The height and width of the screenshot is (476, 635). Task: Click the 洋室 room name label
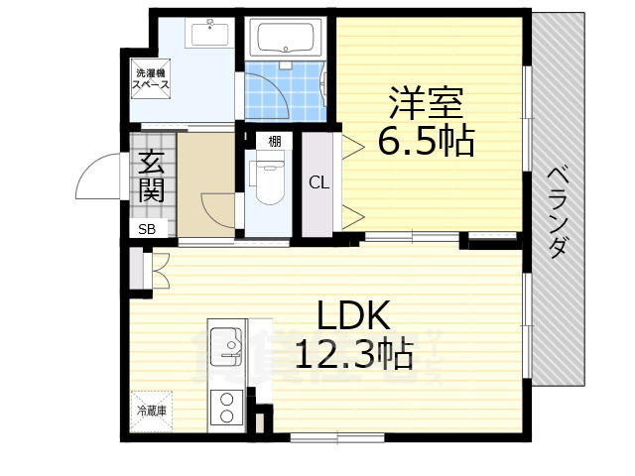(x=426, y=103)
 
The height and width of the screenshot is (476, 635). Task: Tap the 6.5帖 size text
(x=426, y=142)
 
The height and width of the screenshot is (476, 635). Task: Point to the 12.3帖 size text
(x=353, y=354)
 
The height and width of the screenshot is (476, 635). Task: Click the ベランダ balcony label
(x=558, y=208)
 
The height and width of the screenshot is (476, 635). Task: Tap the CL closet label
(x=317, y=182)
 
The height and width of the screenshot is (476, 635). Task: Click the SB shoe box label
(x=146, y=230)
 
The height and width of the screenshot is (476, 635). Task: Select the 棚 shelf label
(x=273, y=141)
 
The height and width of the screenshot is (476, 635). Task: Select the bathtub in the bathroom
(x=286, y=40)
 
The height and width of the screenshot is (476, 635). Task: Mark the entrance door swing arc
(x=94, y=183)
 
